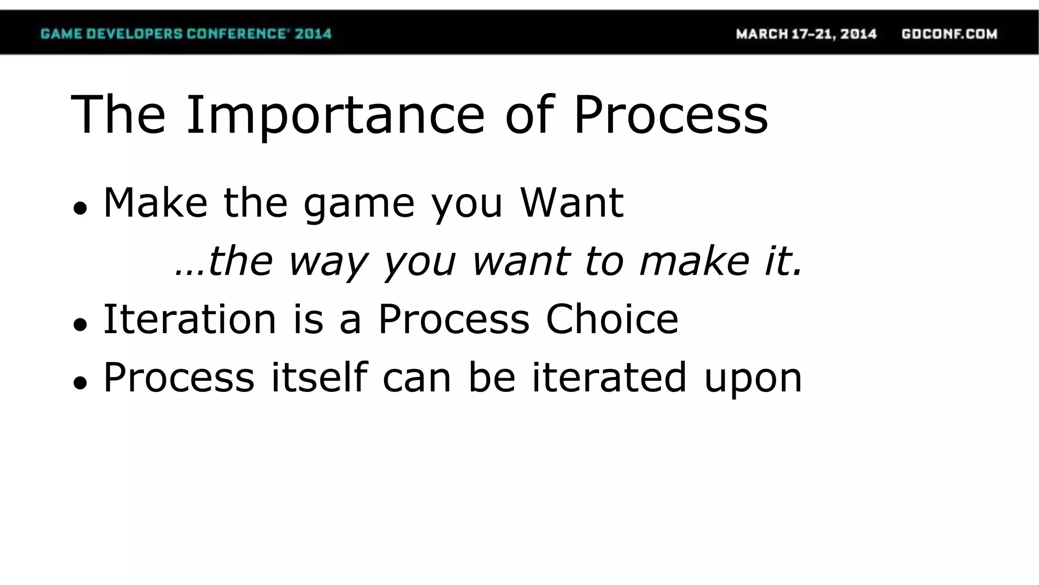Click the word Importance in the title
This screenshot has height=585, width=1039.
click(335, 116)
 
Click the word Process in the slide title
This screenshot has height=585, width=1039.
click(670, 116)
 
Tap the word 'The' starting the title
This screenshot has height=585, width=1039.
click(118, 116)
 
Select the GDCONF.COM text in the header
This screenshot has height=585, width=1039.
click(949, 34)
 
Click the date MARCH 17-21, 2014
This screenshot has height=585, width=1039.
click(806, 34)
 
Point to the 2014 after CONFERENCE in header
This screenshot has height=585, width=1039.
click(313, 34)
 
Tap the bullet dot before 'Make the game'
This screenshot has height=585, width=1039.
click(80, 208)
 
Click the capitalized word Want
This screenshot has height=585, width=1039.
click(572, 203)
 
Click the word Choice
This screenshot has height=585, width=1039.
click(612, 319)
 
